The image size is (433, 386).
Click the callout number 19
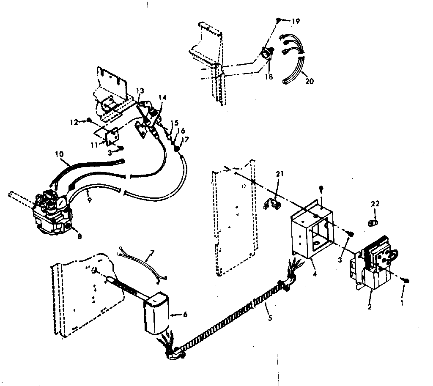(296, 21)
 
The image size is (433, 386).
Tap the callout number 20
(309, 82)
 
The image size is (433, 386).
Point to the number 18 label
(269, 77)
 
